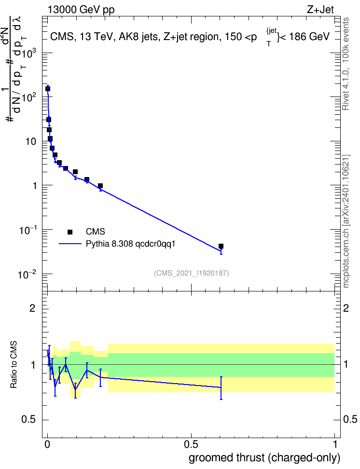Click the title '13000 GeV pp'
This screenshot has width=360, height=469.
coord(81,10)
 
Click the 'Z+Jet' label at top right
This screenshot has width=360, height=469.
coord(320,10)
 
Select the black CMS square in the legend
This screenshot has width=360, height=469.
coord(70,232)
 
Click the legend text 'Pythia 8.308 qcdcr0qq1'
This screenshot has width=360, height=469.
coord(130,244)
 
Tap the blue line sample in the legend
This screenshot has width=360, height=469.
coord(70,244)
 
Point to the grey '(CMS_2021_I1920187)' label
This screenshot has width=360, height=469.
coord(192,273)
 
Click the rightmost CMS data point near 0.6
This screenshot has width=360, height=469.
coord(221,246)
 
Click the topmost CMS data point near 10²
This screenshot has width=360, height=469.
coord(48,89)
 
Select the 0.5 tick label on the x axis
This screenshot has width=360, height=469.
coord(191,444)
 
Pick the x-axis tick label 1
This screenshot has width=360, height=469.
coord(335,444)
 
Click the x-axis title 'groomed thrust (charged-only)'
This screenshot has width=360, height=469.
coord(264,457)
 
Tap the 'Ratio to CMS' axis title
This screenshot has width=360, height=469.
coord(14,365)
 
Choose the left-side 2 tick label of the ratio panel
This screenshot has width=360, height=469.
coord(32,308)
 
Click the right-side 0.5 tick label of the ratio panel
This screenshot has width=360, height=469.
coord(350,419)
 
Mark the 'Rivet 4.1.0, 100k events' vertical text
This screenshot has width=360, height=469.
coord(346,64)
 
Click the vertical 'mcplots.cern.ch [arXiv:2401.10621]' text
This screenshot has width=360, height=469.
coord(346,221)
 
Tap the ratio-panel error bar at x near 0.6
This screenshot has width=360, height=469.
coord(221,388)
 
